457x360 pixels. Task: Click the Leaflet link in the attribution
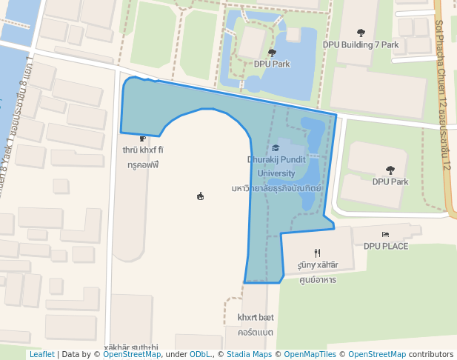click(41, 355)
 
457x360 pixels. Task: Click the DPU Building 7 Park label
click(361, 44)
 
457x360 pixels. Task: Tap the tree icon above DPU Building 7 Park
click(361, 33)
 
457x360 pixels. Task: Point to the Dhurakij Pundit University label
click(276, 166)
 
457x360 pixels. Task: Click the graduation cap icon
click(276, 148)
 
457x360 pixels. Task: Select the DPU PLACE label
click(385, 246)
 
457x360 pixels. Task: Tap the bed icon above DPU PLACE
click(385, 235)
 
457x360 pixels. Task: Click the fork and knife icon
click(317, 253)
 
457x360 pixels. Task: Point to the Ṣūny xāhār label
click(317, 264)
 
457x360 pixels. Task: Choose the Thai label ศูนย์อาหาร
click(317, 280)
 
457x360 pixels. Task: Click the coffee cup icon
click(142, 139)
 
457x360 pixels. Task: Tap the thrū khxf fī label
click(143, 150)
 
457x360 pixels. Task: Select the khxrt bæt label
click(256, 317)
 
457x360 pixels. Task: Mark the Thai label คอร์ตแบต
click(256, 332)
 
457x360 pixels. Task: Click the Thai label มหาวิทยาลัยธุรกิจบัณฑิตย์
click(276, 188)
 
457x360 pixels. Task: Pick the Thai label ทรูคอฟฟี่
click(143, 165)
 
